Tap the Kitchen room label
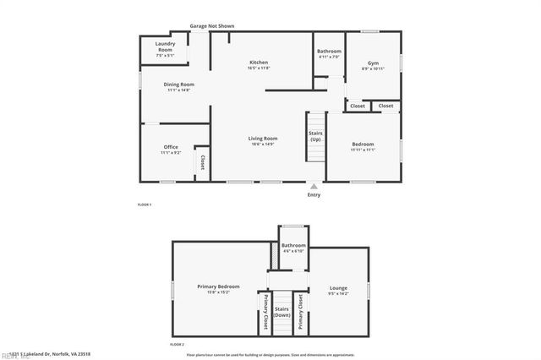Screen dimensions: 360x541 point(258,63)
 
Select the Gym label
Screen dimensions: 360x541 point(373,63)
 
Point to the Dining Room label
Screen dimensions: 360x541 point(179,85)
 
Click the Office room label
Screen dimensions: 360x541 point(170,147)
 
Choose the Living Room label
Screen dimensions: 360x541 point(262,139)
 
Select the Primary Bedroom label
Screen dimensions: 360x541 point(219,287)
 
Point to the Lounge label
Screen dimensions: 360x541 point(338,287)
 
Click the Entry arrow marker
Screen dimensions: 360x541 point(314,185)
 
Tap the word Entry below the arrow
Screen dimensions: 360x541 point(314,195)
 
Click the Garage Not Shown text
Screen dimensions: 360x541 point(211,26)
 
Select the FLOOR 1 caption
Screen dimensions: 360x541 point(145,205)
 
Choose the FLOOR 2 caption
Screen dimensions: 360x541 point(178,345)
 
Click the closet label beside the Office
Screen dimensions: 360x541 point(202,161)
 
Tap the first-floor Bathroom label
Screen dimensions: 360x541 point(329,52)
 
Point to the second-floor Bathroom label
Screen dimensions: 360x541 point(293,246)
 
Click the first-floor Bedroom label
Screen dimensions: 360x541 point(363,145)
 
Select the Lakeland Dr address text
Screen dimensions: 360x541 point(52,354)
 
